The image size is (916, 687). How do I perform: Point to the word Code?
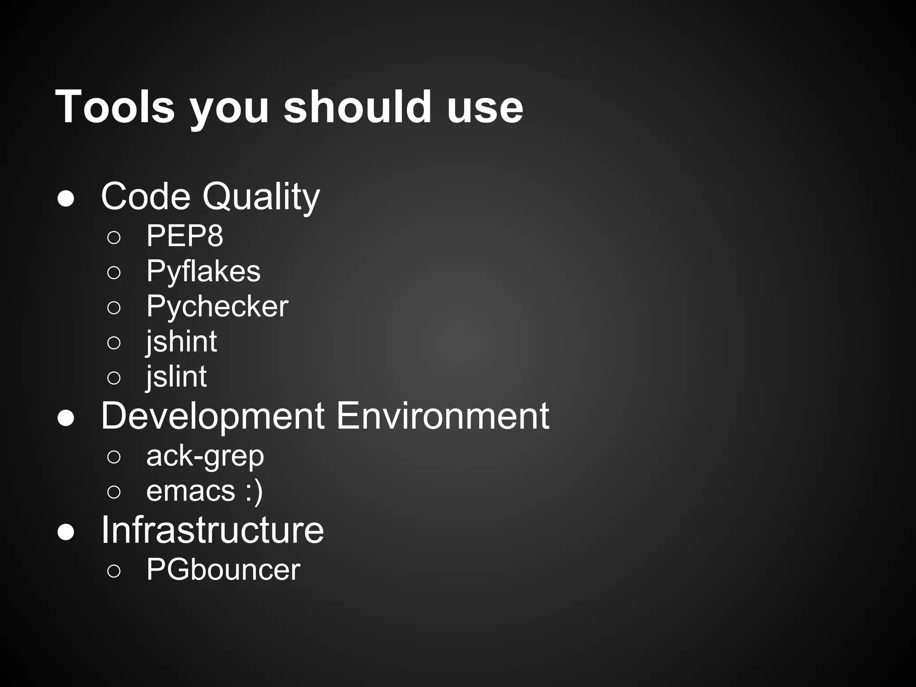[x=146, y=196]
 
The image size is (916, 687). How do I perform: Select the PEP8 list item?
[x=185, y=236]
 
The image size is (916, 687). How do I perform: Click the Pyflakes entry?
[x=204, y=271]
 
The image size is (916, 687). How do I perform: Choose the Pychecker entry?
[x=217, y=306]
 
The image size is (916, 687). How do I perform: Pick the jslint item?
[x=176, y=377]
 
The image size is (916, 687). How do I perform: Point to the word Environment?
[x=442, y=416]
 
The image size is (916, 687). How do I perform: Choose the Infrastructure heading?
[x=212, y=530]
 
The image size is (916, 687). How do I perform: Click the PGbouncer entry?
[x=223, y=570]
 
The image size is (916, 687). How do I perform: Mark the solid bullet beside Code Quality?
[x=66, y=199]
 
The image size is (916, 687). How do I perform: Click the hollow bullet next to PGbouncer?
[x=114, y=571]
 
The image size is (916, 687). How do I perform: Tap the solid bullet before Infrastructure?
[x=66, y=532]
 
